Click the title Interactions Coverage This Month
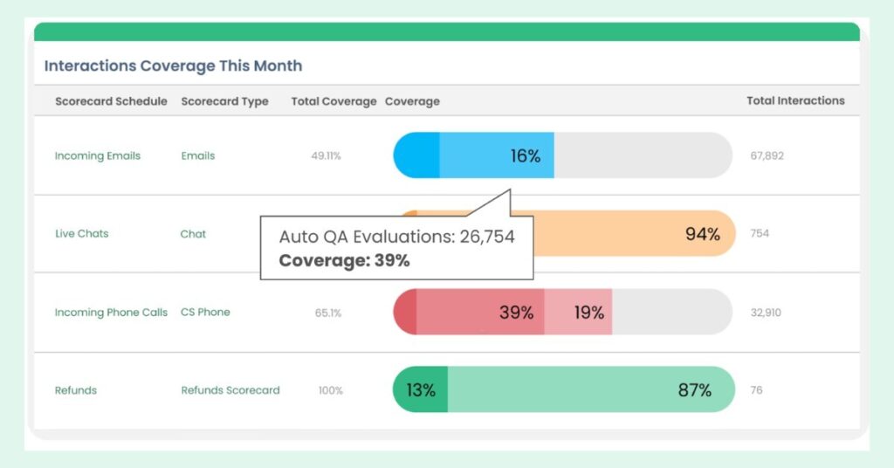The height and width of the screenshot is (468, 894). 173,65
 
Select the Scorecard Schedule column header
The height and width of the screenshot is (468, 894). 111,101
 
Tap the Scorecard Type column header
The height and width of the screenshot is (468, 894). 224,101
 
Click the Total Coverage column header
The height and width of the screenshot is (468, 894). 334,101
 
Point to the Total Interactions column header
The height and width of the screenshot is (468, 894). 795,100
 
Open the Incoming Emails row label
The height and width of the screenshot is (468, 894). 97,156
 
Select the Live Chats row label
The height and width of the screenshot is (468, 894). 81,234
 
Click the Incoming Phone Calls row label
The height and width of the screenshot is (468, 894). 111,313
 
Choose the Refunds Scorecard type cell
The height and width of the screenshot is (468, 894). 230,390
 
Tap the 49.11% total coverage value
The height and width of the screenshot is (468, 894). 326,156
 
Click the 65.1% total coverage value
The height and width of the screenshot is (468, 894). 327,313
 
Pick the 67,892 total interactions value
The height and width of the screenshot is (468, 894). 767,156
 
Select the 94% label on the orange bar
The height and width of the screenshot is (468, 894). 702,234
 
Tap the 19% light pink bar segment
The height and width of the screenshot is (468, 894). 579,313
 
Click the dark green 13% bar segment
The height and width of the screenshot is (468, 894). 421,390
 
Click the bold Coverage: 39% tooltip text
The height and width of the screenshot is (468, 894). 344,260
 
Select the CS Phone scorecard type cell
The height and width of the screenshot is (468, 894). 205,313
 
